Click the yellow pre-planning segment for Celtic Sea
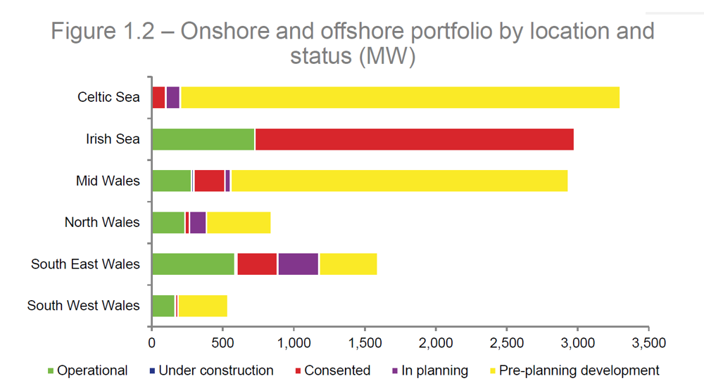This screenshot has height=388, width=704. pyautogui.click(x=400, y=98)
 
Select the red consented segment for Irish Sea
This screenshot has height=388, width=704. pyautogui.click(x=414, y=139)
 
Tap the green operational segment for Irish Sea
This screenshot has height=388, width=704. pyautogui.click(x=203, y=139)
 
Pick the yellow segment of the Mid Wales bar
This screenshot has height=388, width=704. pyautogui.click(x=398, y=181)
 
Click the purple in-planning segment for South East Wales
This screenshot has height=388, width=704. pyautogui.click(x=298, y=264)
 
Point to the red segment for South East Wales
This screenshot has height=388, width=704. pyautogui.click(x=257, y=264)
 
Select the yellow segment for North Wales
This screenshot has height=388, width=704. pyautogui.click(x=238, y=223)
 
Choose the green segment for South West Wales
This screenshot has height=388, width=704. pyautogui.click(x=163, y=306)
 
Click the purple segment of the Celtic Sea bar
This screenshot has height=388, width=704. pyautogui.click(x=172, y=98)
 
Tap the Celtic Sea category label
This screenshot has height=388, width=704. pyautogui.click(x=108, y=98)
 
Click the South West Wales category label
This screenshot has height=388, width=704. pyautogui.click(x=84, y=306)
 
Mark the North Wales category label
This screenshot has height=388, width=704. pyautogui.click(x=102, y=223)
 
